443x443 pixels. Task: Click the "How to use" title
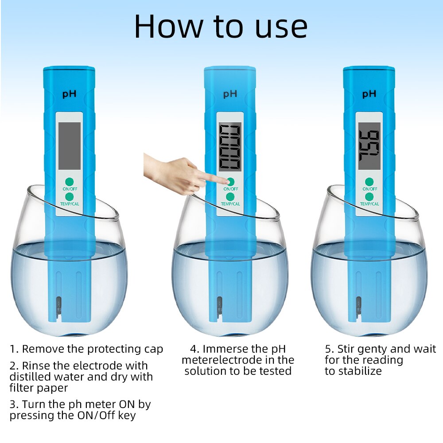[221, 27]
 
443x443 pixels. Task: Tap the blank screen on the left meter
[70, 146]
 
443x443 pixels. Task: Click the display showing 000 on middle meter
[230, 147]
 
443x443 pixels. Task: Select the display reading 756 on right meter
[369, 146]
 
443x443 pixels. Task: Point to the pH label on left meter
[69, 94]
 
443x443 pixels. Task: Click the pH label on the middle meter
[230, 94]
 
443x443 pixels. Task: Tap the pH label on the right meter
[369, 94]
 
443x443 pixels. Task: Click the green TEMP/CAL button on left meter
[69, 196]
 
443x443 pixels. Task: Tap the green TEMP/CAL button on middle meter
[230, 196]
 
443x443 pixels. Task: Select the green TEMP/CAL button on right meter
[369, 196]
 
